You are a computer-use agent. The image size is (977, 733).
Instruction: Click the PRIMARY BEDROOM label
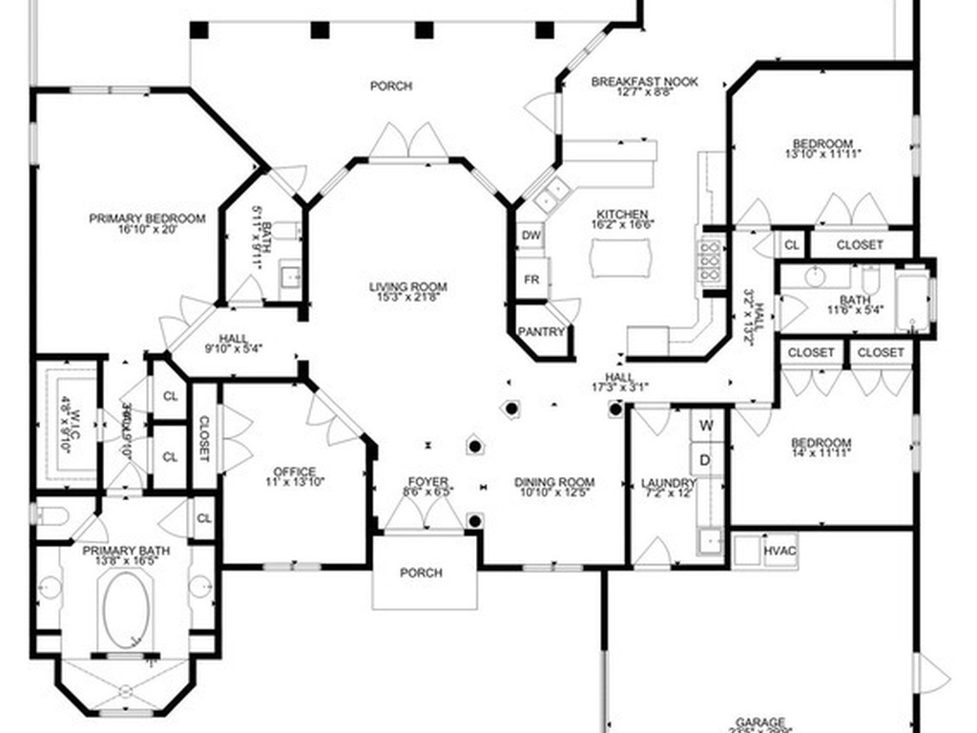point(147,219)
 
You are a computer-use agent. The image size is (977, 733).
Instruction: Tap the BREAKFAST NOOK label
point(644,82)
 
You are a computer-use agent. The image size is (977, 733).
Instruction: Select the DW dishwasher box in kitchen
point(531,235)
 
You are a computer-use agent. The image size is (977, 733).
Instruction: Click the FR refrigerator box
point(531,280)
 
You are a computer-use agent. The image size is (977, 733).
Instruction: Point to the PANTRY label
point(541,332)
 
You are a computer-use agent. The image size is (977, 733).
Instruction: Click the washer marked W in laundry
point(707,424)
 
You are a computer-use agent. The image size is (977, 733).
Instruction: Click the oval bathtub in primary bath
point(127,609)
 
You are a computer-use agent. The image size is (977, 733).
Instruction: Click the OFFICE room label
point(294,471)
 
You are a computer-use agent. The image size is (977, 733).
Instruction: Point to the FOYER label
point(427,481)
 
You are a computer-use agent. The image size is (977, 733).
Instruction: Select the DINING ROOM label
point(554,482)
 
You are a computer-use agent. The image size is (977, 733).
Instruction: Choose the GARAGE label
point(760,723)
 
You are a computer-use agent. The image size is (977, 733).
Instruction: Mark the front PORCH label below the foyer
point(421,573)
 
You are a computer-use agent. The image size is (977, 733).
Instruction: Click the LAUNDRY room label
point(668,483)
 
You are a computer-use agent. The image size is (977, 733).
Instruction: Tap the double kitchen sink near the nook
point(547,199)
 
